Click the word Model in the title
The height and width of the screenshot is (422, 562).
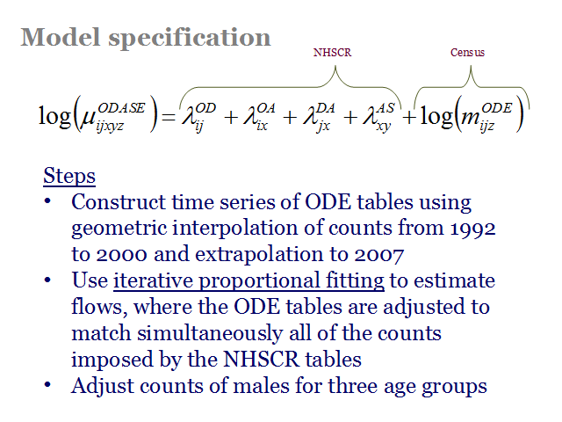pyautogui.click(x=61, y=37)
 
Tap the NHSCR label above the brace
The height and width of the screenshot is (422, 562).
pyautogui.click(x=332, y=53)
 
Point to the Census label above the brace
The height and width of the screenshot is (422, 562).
pyautogui.click(x=467, y=53)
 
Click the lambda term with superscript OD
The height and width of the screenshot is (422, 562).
pyautogui.click(x=198, y=117)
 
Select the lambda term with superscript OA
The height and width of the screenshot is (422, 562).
pyautogui.click(x=259, y=117)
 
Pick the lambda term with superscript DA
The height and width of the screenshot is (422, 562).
pyautogui.click(x=319, y=117)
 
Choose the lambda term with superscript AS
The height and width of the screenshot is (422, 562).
pyautogui.click(x=378, y=117)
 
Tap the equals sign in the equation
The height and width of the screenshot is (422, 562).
pyautogui.click(x=169, y=117)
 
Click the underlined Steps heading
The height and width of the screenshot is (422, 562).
pyautogui.click(x=69, y=176)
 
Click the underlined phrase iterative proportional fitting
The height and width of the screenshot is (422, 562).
pyautogui.click(x=249, y=281)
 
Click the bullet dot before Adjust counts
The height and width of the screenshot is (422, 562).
pyautogui.click(x=47, y=385)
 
